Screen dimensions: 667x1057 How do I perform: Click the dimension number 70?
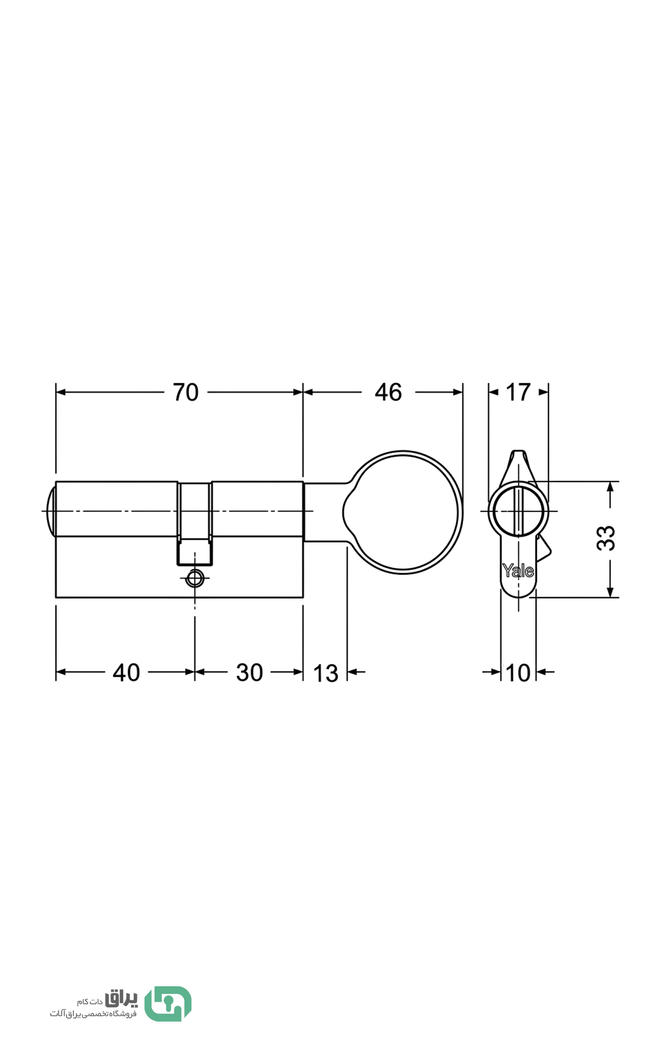coord(186,392)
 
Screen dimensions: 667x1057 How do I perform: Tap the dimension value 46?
coord(388,392)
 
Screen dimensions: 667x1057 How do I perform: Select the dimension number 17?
coord(518,392)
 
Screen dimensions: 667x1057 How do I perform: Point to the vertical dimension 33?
coord(606,538)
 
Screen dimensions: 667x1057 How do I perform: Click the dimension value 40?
coord(127,672)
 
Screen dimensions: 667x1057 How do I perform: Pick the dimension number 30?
coord(250,672)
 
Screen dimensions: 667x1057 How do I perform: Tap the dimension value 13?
coord(326,673)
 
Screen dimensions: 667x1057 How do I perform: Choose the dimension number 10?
coord(518,673)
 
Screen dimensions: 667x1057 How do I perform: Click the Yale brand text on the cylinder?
coord(518,570)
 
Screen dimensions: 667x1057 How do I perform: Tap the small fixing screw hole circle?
coord(195,578)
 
